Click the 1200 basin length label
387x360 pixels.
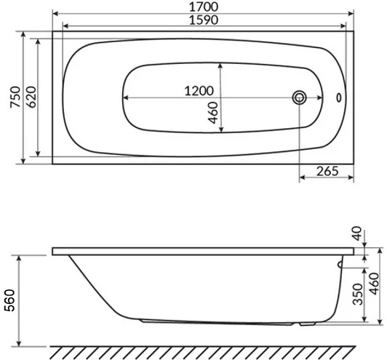pyautogui.click(x=198, y=92)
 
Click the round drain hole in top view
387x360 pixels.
pyautogui.click(x=299, y=97)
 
